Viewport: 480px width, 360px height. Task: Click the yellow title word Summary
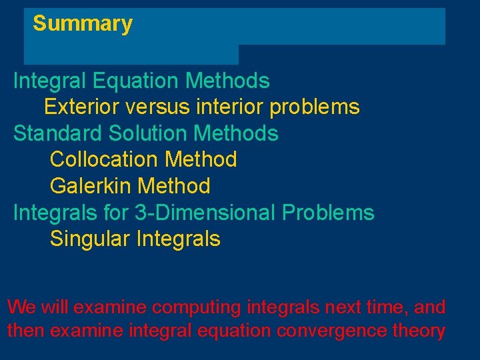[83, 24]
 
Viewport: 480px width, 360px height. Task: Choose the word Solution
[149, 133]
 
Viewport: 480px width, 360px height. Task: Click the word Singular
[90, 239]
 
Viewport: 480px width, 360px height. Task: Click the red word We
[21, 307]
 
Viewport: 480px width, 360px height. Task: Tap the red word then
[26, 331]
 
